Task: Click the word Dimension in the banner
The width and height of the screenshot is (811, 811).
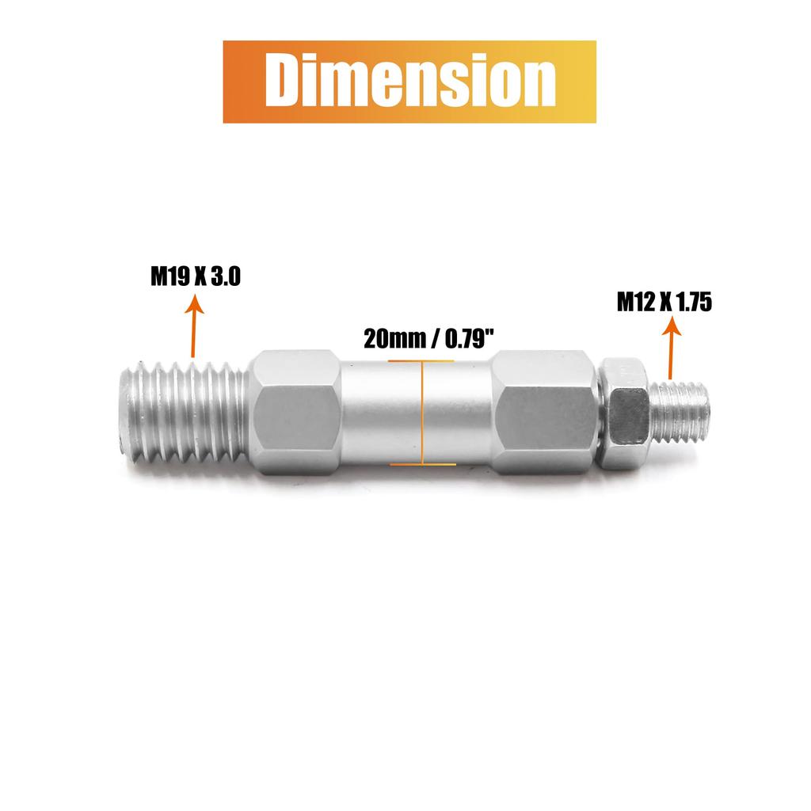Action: click(410, 80)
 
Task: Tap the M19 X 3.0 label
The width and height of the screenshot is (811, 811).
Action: click(196, 276)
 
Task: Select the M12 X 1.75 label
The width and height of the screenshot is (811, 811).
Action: click(664, 302)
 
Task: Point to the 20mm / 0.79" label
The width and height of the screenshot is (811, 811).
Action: click(429, 339)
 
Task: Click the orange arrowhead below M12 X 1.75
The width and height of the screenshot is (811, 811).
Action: click(672, 326)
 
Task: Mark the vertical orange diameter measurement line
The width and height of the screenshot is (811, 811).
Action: click(423, 413)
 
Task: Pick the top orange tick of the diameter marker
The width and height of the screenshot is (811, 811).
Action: click(421, 361)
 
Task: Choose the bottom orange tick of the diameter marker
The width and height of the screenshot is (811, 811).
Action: click(423, 464)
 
